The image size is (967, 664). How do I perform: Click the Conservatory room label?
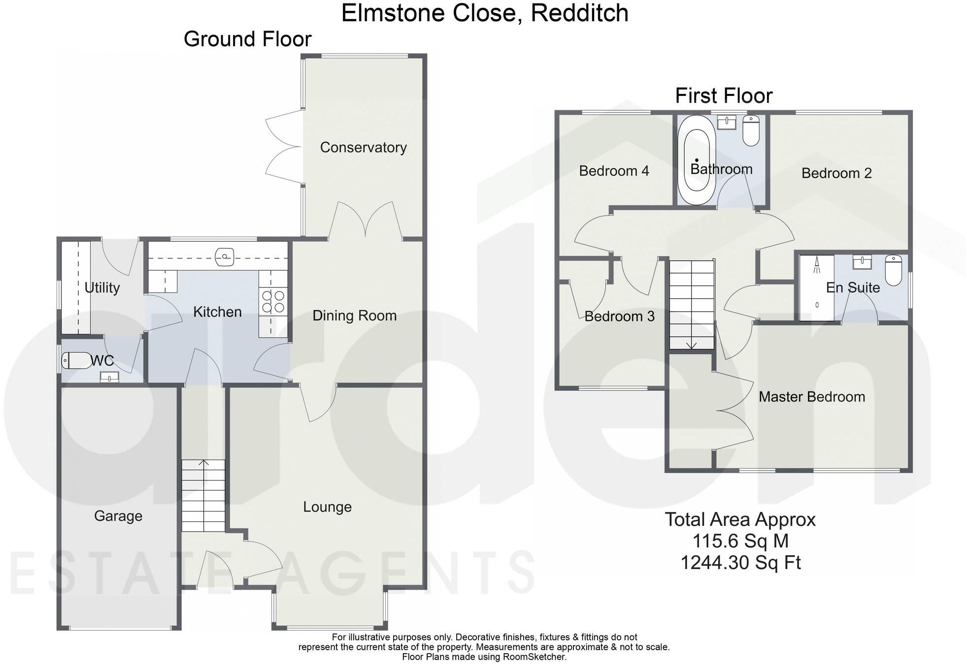(x=363, y=147)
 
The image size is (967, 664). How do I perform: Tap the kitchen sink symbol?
(x=225, y=256)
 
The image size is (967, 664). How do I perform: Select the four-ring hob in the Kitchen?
(x=273, y=301)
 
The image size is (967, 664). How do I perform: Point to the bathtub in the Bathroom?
(x=697, y=160)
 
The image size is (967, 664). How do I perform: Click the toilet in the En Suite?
(x=893, y=270)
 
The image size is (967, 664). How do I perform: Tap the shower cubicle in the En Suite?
(x=816, y=288)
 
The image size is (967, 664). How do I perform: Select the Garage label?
(x=118, y=516)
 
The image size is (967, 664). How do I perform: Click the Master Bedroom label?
(x=811, y=397)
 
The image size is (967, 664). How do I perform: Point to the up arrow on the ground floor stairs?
(x=203, y=463)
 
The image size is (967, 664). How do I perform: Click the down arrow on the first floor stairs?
(x=691, y=345)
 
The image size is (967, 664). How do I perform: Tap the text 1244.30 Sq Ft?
(x=740, y=562)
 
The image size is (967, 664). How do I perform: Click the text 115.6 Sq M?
(x=740, y=541)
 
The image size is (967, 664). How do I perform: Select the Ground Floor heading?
(x=247, y=39)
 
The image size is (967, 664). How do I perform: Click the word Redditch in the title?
(x=579, y=13)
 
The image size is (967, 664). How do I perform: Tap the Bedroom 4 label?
(x=614, y=171)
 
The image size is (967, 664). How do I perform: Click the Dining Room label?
(x=354, y=316)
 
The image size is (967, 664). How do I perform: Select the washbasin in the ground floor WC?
(x=109, y=378)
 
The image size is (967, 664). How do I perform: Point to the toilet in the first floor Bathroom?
(x=751, y=130)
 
